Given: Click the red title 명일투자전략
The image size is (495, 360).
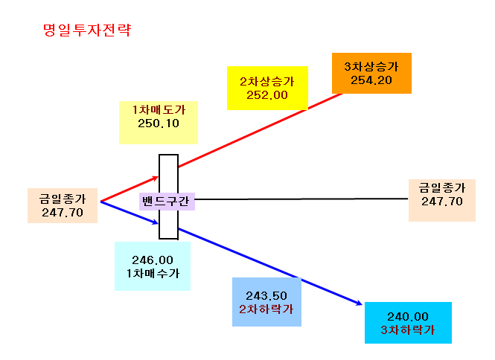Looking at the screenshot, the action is pyautogui.click(x=87, y=30).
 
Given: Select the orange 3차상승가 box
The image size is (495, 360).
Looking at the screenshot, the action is pyautogui.click(x=371, y=73).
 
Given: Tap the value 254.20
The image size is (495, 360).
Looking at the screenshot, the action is pyautogui.click(x=371, y=80).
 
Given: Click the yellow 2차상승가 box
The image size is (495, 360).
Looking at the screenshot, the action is pyautogui.click(x=267, y=88).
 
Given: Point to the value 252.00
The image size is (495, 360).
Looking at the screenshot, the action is pyautogui.click(x=267, y=95).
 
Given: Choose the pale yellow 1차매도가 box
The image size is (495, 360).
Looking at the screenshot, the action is pyautogui.click(x=159, y=123).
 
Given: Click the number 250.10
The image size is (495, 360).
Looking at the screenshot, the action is pyautogui.click(x=159, y=123).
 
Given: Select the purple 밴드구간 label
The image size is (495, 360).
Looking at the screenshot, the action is pyautogui.click(x=167, y=202).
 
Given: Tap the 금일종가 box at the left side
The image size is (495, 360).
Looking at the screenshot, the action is pyautogui.click(x=63, y=206).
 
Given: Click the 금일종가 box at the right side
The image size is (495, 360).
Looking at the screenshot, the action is pyautogui.click(x=442, y=200).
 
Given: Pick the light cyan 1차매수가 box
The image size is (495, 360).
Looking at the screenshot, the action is pyautogui.click(x=153, y=266).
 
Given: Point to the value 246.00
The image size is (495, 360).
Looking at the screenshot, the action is pyautogui.click(x=153, y=260).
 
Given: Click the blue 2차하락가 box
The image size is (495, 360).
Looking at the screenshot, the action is pyautogui.click(x=266, y=302).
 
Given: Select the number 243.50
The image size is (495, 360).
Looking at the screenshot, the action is pyautogui.click(x=266, y=296).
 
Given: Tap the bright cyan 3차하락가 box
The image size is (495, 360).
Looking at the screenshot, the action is pyautogui.click(x=408, y=323).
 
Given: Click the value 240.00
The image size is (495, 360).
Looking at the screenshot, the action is pyautogui.click(x=408, y=316).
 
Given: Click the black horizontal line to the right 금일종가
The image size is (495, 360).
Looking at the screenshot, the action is pyautogui.click(x=301, y=199).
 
